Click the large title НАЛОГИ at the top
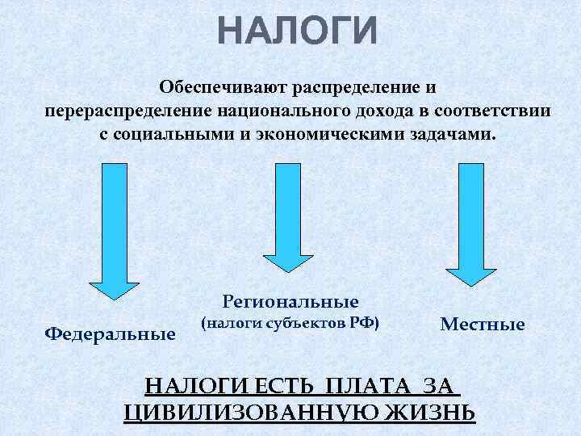tap(297, 33)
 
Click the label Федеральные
tap(111, 333)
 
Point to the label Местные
tap(483, 325)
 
